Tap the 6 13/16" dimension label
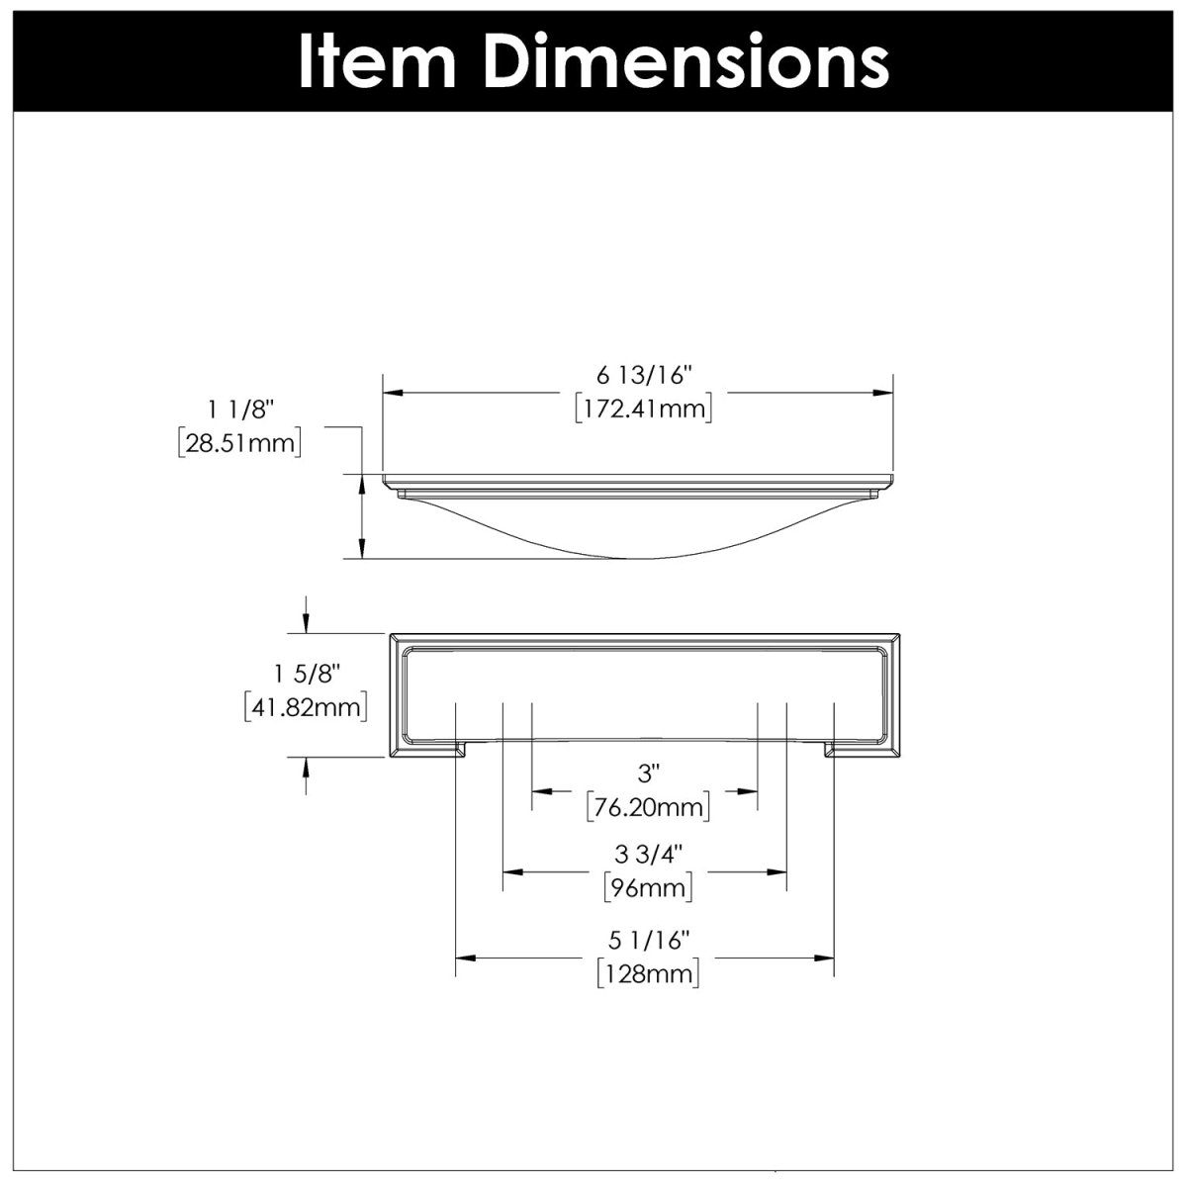tap(644, 375)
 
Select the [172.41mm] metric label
tap(644, 408)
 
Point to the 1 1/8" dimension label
tap(238, 408)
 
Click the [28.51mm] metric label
tap(238, 441)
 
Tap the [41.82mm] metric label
tap(307, 707)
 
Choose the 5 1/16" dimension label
tap(648, 937)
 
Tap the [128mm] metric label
tap(648, 973)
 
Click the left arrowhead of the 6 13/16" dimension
tap(392, 393)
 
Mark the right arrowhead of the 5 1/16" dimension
tap(825, 958)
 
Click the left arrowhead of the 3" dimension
tap(540, 791)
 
